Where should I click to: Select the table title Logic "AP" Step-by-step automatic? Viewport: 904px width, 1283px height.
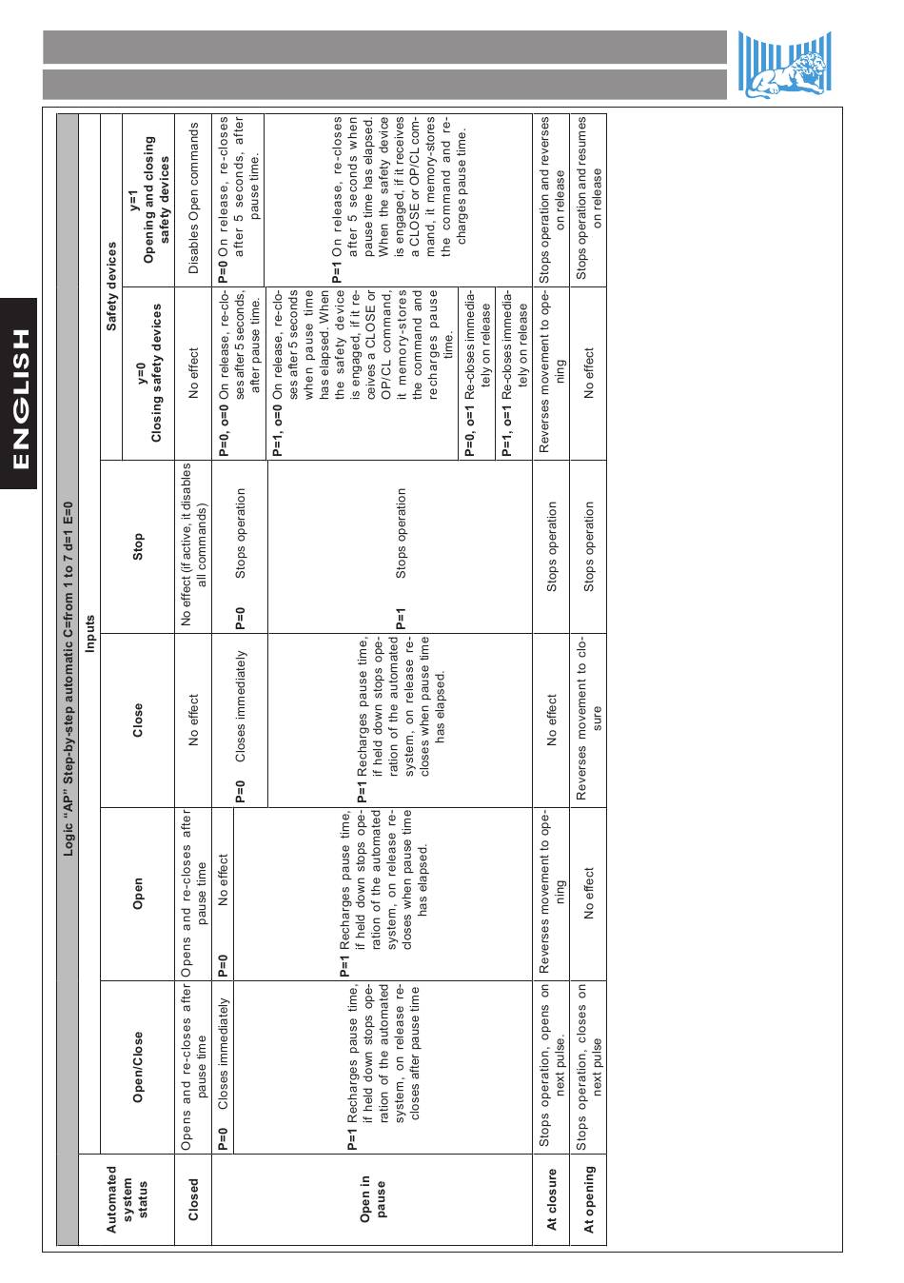(68, 678)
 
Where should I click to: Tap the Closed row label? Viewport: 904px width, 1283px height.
(194, 1200)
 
